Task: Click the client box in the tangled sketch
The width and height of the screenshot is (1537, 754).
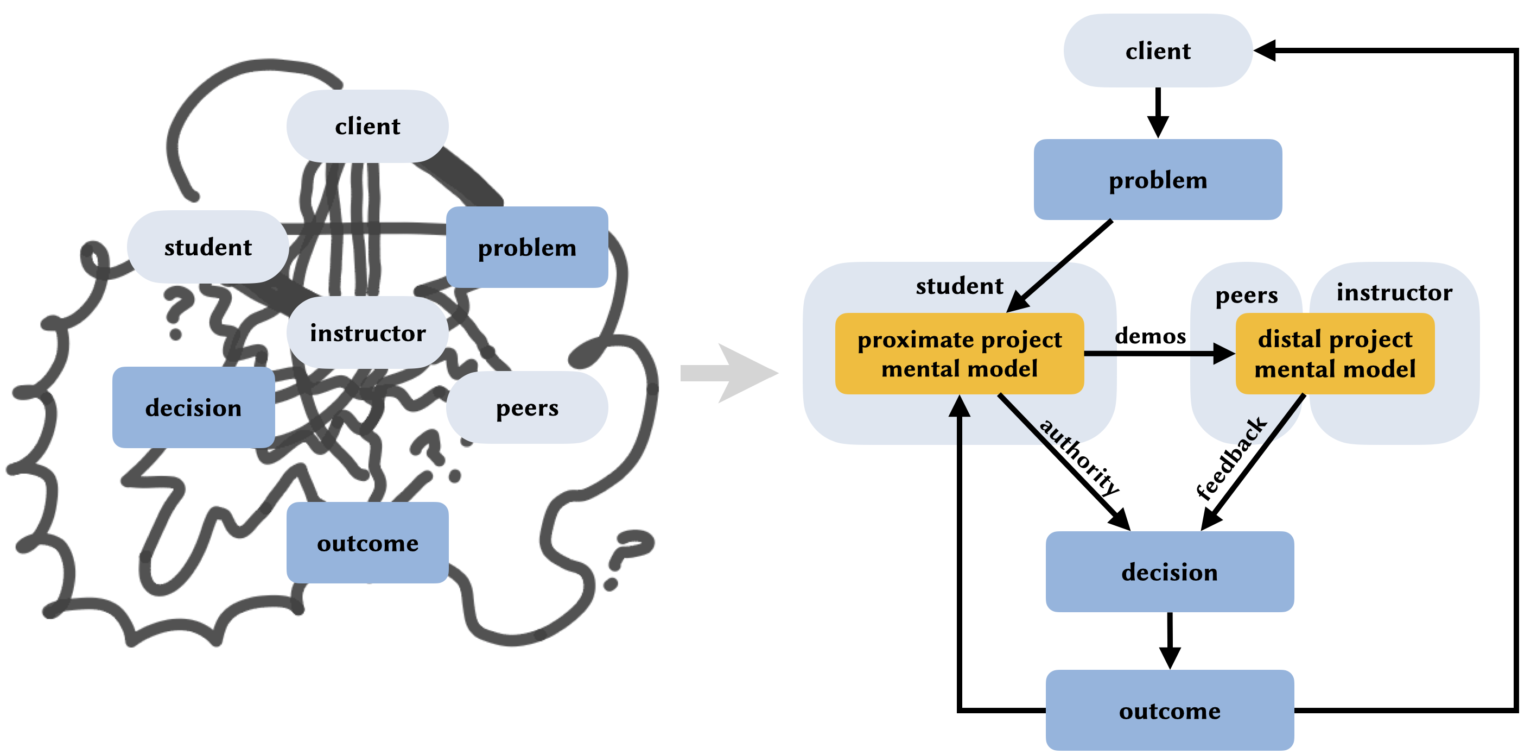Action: pyautogui.click(x=367, y=126)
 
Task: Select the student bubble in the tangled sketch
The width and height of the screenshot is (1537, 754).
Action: pyautogui.click(x=208, y=247)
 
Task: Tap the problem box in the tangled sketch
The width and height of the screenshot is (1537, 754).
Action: pyautogui.click(x=527, y=247)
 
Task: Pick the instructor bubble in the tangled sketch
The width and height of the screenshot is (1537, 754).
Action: pyautogui.click(x=367, y=332)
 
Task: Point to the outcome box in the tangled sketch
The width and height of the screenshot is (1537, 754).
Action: pyautogui.click(x=367, y=543)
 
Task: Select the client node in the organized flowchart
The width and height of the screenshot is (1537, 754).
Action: pyautogui.click(x=1158, y=51)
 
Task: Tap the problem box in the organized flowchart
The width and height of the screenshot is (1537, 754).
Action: pyautogui.click(x=1158, y=180)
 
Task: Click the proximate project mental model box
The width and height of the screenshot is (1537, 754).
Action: pyautogui.click(x=960, y=354)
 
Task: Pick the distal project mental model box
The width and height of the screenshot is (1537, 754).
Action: pyautogui.click(x=1335, y=354)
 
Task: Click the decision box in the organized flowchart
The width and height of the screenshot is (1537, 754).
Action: pyautogui.click(x=1170, y=572)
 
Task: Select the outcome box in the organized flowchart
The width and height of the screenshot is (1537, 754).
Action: pyautogui.click(x=1170, y=711)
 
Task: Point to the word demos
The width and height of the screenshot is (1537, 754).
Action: pyautogui.click(x=1150, y=336)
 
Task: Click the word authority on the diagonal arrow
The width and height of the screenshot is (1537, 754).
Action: pyautogui.click(x=1079, y=457)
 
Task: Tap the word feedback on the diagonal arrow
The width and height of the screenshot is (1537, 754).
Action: pyautogui.click(x=1230, y=458)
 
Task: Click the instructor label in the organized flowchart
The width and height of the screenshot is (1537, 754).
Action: pyautogui.click(x=1394, y=292)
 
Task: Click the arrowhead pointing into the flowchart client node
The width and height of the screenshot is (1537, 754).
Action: pyautogui.click(x=1263, y=51)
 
